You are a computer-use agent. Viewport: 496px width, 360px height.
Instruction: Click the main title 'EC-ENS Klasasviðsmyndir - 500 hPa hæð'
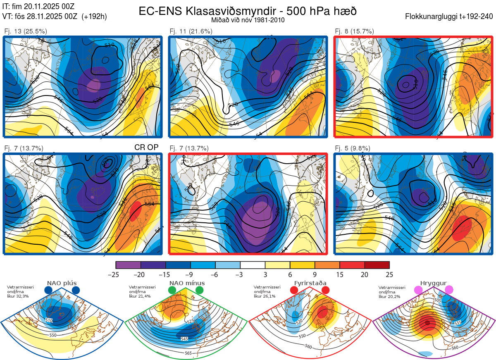247,11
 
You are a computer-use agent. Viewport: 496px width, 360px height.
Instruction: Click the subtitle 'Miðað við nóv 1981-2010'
247,20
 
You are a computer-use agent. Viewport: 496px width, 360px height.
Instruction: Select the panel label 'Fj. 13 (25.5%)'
26,31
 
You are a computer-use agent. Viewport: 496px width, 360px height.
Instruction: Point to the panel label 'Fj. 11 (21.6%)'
191,31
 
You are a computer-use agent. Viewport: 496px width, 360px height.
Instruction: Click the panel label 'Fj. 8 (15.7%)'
354,31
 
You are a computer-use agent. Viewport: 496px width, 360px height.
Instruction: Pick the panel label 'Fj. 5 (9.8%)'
352,148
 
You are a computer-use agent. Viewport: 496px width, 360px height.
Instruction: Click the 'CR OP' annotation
147,148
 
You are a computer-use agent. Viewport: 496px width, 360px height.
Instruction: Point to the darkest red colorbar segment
377,265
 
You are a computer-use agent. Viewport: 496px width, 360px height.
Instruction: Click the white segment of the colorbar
253,265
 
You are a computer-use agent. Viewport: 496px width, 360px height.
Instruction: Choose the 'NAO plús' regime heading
62,283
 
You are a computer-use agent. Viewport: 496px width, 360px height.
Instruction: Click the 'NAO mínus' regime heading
187,283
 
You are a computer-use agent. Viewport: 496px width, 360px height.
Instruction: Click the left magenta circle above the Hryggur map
418,290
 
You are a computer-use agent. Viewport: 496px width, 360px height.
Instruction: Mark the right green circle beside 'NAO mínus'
200,290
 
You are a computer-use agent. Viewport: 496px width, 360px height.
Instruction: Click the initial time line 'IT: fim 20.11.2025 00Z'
38,6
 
